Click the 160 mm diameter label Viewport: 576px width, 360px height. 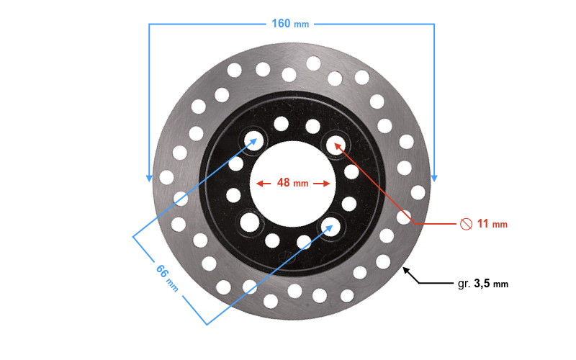(290, 24)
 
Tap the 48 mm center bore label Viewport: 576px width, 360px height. (292, 183)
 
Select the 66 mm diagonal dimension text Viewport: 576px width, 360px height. (167, 278)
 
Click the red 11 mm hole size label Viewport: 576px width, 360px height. (492, 224)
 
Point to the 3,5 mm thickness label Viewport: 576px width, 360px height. (491, 284)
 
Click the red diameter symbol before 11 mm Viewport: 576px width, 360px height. (466, 224)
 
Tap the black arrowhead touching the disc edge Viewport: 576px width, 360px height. (406, 271)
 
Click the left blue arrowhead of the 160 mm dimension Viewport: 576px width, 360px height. (149, 178)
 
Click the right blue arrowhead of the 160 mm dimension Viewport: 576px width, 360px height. (434, 178)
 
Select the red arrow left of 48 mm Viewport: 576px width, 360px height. (264, 184)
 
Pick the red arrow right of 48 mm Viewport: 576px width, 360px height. (322, 184)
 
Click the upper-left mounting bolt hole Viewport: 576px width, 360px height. (254, 140)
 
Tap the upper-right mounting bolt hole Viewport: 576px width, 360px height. (336, 145)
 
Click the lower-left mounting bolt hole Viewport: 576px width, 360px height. (250, 222)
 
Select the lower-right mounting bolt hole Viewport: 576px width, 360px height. (330, 227)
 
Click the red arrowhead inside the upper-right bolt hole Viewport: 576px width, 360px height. (338, 147)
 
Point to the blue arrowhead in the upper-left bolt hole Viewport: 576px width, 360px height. (253, 142)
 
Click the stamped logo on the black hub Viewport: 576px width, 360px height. (287, 257)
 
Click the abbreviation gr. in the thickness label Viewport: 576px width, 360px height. (464, 284)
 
